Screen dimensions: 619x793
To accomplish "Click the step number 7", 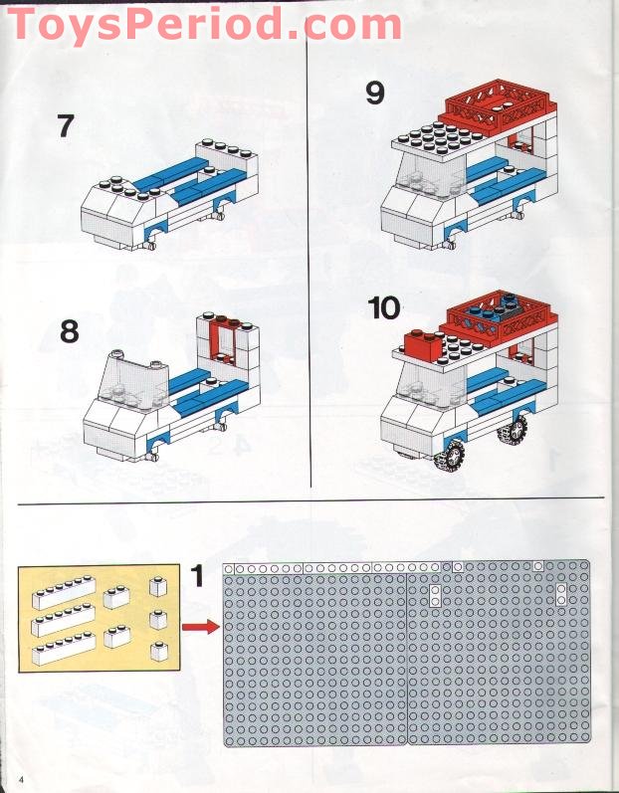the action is [66, 126].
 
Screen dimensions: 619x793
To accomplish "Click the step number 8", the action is [70, 331].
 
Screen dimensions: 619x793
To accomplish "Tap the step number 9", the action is [375, 93].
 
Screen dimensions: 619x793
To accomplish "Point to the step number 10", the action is [384, 308].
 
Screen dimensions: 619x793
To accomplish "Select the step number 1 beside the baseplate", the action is [197, 575].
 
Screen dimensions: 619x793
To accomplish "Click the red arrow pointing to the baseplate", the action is [201, 627].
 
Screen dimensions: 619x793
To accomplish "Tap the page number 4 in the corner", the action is [21, 777].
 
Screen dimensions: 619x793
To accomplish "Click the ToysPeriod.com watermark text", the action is [205, 23].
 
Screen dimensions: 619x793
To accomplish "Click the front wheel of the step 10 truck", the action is [450, 456].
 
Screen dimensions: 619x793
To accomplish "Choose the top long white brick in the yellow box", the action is [64, 593].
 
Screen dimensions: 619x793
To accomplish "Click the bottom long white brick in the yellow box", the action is [64, 649].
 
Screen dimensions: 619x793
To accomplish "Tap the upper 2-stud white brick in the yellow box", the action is [116, 597].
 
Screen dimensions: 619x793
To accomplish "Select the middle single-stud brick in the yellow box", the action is [158, 619].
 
